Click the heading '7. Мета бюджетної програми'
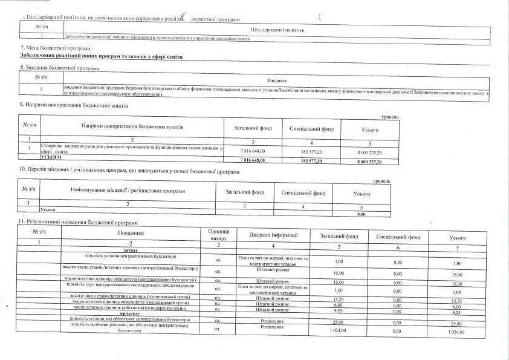56,48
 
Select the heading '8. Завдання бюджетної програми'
60,68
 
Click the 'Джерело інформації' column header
273,235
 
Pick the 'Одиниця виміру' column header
218,235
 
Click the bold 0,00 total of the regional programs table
362,214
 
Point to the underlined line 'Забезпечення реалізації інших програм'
102,57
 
